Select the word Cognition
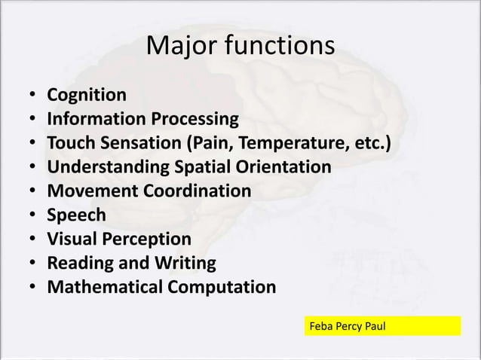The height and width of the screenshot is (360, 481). pyautogui.click(x=87, y=95)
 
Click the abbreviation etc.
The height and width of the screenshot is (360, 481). pyautogui.click(x=372, y=143)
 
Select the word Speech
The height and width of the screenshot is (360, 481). pyautogui.click(x=76, y=215)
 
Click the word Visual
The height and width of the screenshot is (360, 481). pyautogui.click(x=72, y=239)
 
